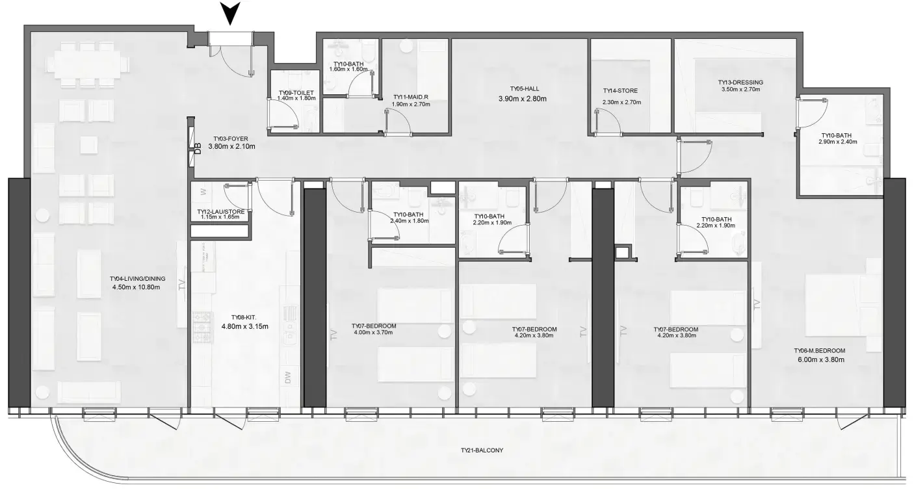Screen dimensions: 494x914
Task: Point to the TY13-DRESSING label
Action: coord(740,83)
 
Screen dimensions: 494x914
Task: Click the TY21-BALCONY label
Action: coord(482,450)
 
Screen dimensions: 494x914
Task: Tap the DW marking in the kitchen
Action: coord(288,377)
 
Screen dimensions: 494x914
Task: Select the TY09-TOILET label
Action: coord(296,93)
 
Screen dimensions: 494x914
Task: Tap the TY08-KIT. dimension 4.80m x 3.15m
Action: coord(244,326)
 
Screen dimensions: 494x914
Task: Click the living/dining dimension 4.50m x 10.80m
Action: coord(138,287)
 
